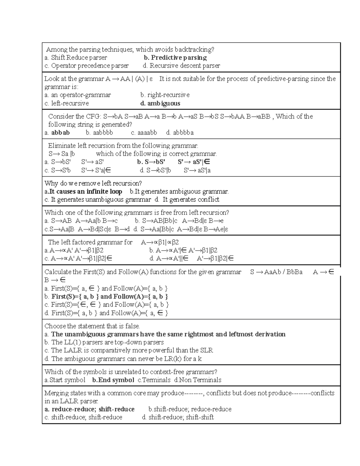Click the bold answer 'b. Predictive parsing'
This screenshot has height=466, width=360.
[x=175, y=58]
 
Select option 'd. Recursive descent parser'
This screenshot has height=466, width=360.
[x=181, y=66]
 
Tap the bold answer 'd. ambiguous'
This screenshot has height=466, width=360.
[x=160, y=104]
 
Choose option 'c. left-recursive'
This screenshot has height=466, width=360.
[x=67, y=104]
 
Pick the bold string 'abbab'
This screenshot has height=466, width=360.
[x=60, y=133]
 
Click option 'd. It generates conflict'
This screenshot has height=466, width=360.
[x=187, y=200]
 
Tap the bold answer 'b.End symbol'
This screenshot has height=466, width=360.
[x=113, y=380]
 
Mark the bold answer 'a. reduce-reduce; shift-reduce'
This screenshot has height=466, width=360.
[x=89, y=409]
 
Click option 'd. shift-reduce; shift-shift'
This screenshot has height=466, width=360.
[x=178, y=417]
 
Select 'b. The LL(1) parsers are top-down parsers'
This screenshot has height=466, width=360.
[x=104, y=342]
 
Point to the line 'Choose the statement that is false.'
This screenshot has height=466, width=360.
[x=92, y=326]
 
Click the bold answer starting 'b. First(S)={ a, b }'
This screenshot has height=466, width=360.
[x=106, y=297]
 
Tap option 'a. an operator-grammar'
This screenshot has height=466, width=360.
[x=78, y=95]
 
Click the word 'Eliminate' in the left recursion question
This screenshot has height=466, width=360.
[x=62, y=146]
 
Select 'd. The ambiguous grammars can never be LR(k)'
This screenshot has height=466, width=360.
[x=123, y=359]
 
